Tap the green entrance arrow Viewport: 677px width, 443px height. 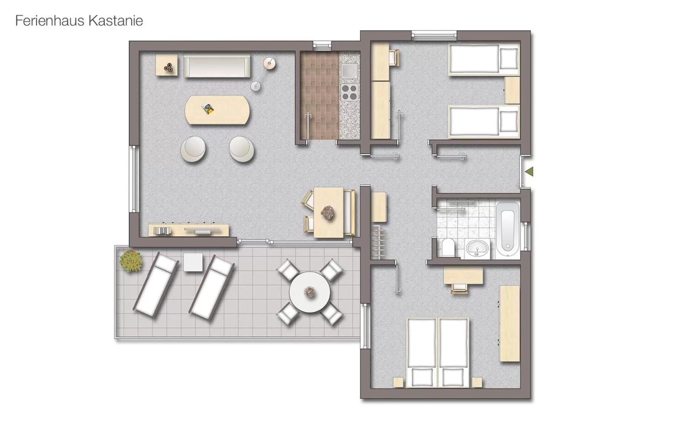click(x=529, y=171)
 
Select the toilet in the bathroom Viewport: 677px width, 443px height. click(x=448, y=247)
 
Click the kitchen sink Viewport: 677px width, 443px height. click(x=349, y=71)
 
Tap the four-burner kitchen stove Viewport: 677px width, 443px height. click(x=349, y=92)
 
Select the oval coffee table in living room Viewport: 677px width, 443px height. click(x=217, y=110)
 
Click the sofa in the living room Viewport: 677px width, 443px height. click(x=217, y=67)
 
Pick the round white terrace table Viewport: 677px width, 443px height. click(x=310, y=292)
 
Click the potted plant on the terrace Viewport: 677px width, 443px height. click(x=131, y=261)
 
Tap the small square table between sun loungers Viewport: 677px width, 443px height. click(x=193, y=262)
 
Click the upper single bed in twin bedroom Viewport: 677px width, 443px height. click(x=484, y=60)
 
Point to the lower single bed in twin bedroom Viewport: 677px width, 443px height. click(x=484, y=121)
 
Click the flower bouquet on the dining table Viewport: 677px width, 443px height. click(x=327, y=213)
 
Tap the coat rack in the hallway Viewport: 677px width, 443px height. click(x=378, y=241)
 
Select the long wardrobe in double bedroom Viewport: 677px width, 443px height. click(x=510, y=323)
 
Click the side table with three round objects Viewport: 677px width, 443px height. click(x=166, y=66)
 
